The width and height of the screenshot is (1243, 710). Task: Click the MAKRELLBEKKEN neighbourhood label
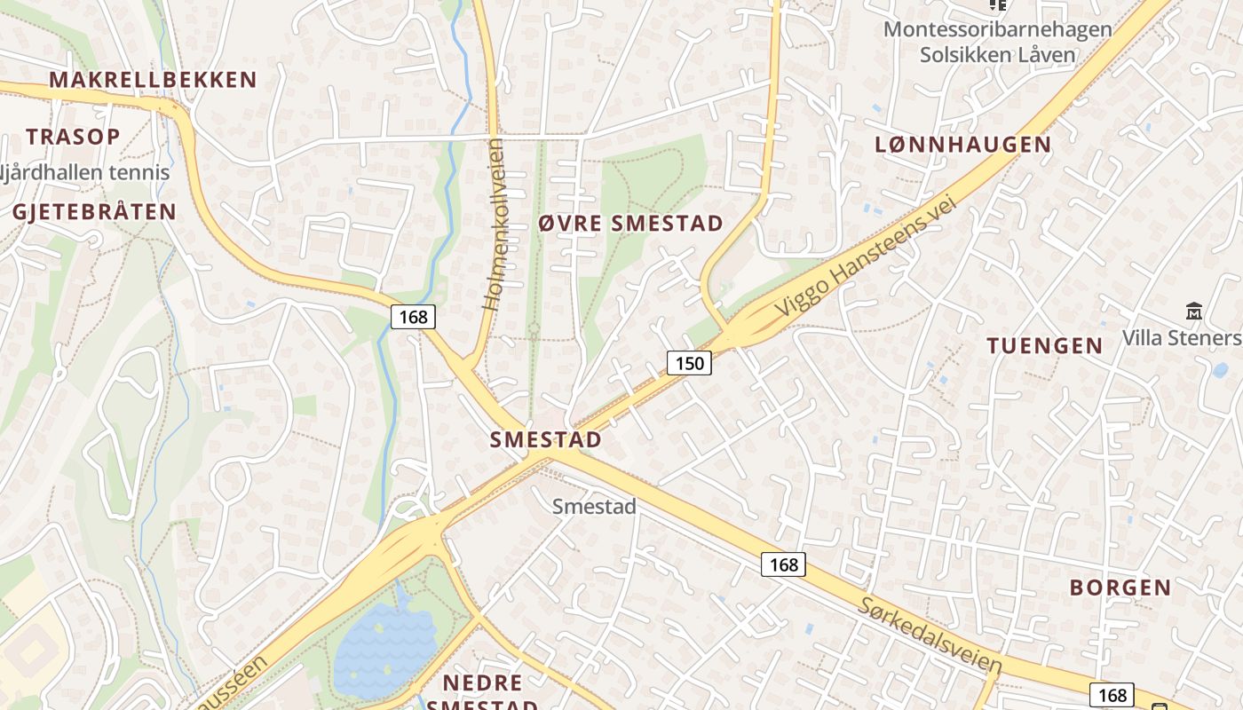point(153,80)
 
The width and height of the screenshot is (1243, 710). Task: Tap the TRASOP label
point(73,137)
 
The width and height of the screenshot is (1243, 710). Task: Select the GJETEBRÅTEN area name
point(94,211)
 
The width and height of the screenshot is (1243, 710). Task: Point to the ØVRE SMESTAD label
point(630,224)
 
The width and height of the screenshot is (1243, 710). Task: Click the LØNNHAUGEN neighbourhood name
point(962,145)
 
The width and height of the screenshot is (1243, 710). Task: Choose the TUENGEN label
point(1045,346)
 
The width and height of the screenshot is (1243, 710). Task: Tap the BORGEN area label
point(1120,588)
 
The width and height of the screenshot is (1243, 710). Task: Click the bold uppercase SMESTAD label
point(546,439)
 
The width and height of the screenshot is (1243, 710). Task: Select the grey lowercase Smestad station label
point(594,507)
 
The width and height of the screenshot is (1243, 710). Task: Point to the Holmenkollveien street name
point(494,224)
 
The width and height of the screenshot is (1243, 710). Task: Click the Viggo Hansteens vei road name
point(868,256)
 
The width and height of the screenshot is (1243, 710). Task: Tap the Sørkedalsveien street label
point(930,635)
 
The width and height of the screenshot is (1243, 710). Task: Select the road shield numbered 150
point(689,362)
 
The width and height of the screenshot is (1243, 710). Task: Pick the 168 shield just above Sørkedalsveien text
point(783,564)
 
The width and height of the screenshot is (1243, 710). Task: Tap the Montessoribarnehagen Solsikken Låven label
point(997,42)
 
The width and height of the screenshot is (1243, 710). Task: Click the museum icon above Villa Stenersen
point(1193,312)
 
